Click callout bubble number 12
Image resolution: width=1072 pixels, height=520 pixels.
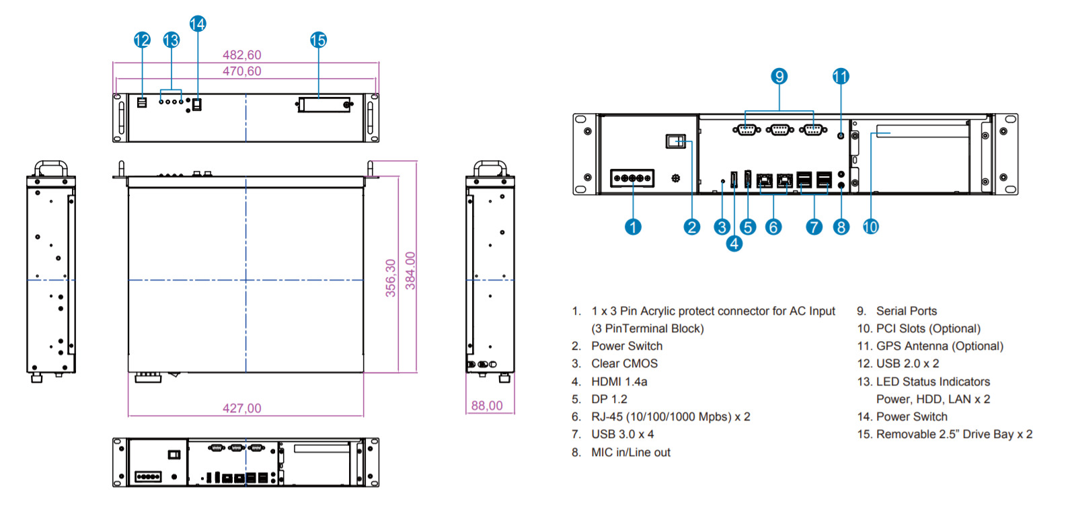(142, 40)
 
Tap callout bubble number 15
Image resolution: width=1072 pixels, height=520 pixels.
(318, 40)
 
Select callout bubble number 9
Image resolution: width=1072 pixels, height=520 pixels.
(779, 76)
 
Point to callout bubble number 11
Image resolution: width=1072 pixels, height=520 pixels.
(841, 76)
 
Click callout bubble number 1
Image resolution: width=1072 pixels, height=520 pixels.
(633, 227)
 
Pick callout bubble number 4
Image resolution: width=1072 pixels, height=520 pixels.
(734, 244)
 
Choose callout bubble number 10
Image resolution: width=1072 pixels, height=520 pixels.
(871, 227)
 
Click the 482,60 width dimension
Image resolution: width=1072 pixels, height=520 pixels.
(242, 55)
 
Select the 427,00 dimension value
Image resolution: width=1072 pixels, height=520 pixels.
(242, 408)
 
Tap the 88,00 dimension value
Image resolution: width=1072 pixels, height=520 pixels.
(487, 406)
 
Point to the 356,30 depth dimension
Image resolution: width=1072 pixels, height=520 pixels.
(391, 278)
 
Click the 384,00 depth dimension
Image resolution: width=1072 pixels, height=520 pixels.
(410, 271)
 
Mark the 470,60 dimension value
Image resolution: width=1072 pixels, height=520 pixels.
(242, 71)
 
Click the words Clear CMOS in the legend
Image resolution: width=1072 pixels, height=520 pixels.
(624, 364)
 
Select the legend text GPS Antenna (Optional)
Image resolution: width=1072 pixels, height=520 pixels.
(940, 346)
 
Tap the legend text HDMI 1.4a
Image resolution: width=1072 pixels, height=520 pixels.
(619, 382)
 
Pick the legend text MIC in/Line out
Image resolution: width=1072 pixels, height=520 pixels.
(630, 453)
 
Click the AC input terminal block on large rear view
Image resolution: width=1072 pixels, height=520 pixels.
(632, 178)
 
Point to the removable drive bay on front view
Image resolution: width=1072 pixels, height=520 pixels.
(324, 105)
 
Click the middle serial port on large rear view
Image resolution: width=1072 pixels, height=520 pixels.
(779, 129)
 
